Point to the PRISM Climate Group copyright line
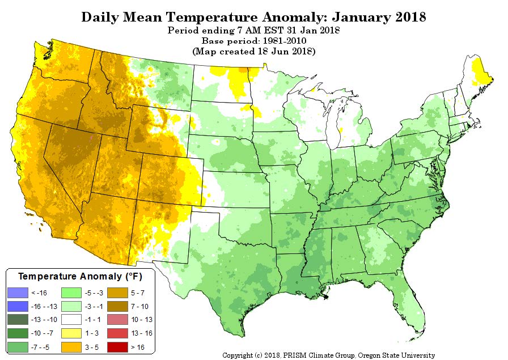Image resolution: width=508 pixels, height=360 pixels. pos(328,355)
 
